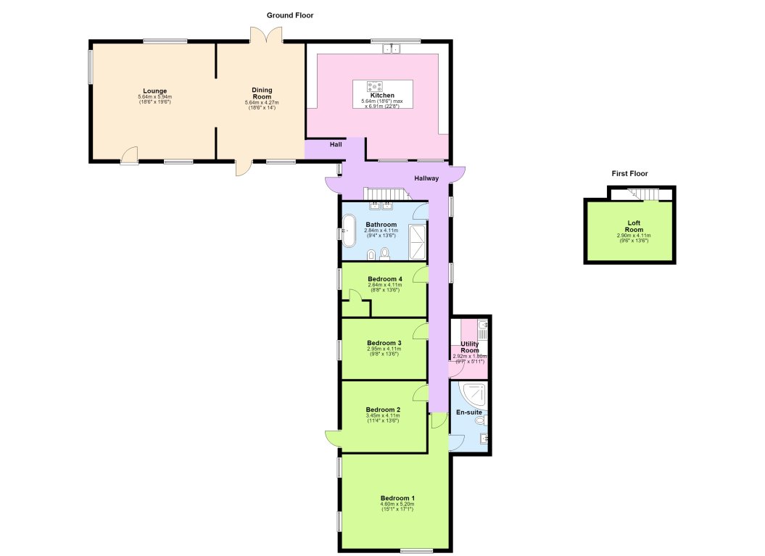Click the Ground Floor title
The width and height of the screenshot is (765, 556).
point(290,15)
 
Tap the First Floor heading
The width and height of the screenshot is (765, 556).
point(629,174)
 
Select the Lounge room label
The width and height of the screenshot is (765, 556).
point(154,91)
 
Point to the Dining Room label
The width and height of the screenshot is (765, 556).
point(262,94)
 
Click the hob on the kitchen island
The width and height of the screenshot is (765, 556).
point(375,87)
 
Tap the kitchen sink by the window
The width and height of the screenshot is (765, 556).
point(392,48)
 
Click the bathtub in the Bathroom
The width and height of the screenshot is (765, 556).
point(349,231)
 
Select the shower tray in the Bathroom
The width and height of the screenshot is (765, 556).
point(417,242)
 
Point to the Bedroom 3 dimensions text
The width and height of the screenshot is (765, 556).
point(384,351)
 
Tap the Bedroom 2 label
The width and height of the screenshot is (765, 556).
point(383,410)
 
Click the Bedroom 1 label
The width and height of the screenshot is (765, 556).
point(397,498)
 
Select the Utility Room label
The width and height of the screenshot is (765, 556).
point(470,347)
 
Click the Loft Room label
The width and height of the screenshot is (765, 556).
point(634,226)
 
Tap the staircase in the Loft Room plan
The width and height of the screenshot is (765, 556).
point(643,194)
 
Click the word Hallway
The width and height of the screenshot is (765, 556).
point(426,178)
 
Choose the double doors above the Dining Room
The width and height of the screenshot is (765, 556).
point(266,35)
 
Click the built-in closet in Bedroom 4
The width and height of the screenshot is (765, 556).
point(356,308)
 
